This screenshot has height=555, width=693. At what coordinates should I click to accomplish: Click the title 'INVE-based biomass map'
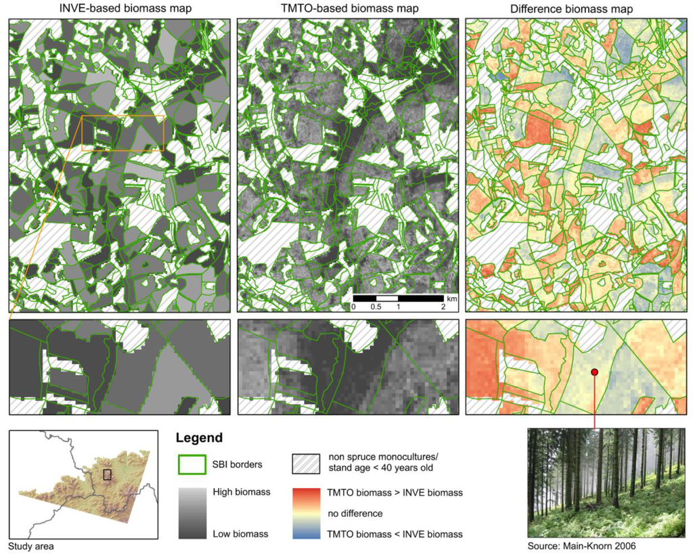click(x=120, y=8)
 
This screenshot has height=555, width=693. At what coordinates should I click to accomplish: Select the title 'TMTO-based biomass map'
click(x=350, y=8)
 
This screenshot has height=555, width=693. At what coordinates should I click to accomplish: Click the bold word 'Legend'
click(x=199, y=439)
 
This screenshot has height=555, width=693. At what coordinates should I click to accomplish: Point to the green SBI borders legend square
click(x=192, y=464)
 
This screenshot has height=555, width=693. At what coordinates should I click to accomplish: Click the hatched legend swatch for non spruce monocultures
click(x=307, y=464)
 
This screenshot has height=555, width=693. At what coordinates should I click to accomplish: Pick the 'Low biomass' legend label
click(x=240, y=534)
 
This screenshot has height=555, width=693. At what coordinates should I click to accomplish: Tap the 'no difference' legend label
click(x=355, y=514)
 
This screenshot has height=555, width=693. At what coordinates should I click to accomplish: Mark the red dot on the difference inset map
click(x=594, y=372)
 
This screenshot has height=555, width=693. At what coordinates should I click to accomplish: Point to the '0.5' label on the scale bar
click(x=376, y=307)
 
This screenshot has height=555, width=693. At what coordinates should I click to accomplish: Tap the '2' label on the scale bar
click(x=443, y=307)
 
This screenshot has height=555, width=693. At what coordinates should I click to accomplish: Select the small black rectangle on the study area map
click(x=107, y=474)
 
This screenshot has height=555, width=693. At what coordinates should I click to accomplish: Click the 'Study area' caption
click(x=30, y=546)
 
